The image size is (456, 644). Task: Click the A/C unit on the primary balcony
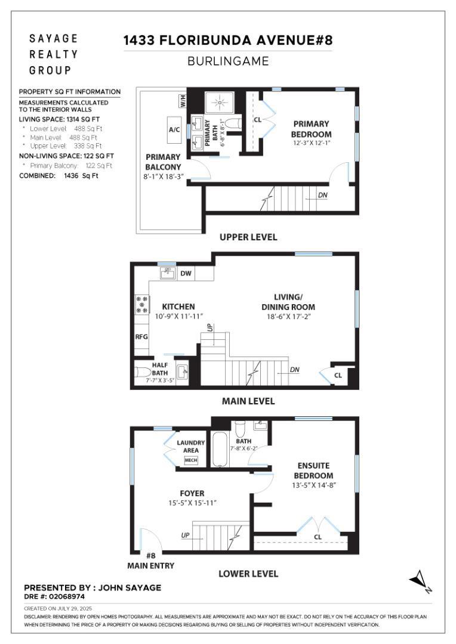coord(174,129)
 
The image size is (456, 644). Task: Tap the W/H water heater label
coord(183,101)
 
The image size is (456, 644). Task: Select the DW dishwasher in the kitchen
coord(186,273)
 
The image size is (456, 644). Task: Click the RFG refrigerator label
coord(141,337)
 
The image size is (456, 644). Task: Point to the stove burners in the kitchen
coord(141,305)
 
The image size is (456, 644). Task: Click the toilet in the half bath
coord(143,372)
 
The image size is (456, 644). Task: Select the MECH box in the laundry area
coord(191,460)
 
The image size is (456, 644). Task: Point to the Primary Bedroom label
coord(312,129)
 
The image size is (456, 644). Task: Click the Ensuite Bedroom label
coord(313,470)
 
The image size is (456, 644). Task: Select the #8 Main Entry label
coord(151,561)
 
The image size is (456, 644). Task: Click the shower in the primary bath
coord(220,101)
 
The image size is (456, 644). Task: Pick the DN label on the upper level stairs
coord(323,194)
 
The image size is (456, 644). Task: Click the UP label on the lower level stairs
coord(185,535)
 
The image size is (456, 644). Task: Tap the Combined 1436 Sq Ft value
coord(81,176)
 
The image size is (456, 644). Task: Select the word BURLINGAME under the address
coord(228,61)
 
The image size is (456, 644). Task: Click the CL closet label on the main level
coord(338,375)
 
